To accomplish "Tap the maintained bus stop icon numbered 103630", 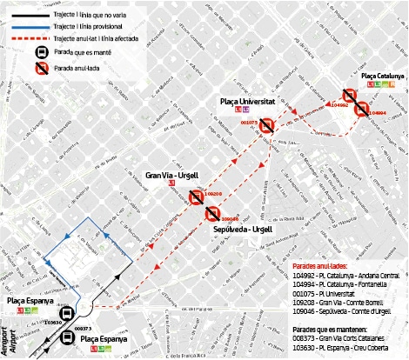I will click(x=66, y=316).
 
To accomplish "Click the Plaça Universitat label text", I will click(x=247, y=102).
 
